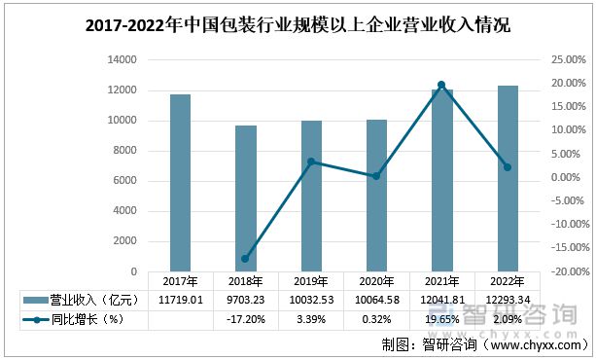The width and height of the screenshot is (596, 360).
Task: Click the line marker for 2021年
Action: coord(441,85)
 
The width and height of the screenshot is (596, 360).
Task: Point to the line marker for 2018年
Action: coord(246,258)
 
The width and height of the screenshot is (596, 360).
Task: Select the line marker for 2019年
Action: coord(311,162)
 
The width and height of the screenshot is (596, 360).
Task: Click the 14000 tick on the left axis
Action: coord(123,60)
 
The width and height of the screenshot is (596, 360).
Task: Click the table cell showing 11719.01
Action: coord(180,300)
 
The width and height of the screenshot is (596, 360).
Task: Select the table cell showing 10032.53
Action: coord(311,300)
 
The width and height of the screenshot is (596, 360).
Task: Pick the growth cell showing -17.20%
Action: coord(246,318)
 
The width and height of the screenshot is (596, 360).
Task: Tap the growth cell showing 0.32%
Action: coord(376,318)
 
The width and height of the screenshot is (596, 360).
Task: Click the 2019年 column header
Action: coord(311,281)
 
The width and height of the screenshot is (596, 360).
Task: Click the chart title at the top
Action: coord(298,24)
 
